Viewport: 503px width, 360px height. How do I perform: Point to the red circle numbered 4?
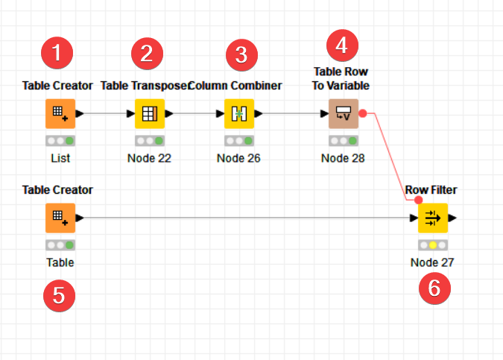pos(342,44)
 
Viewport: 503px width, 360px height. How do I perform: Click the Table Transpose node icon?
pos(149,114)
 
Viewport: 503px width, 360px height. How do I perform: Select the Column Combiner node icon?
pos(239,114)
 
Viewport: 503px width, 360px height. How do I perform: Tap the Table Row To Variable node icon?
pos(343,114)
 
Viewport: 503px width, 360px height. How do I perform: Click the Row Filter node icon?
pos(432,218)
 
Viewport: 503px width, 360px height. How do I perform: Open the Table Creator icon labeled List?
pos(60,114)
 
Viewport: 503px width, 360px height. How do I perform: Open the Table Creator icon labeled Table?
pos(60,218)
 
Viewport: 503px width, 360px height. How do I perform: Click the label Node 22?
pos(149,158)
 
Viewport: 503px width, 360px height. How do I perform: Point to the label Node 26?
pos(238,158)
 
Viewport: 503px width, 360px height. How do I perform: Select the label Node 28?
pos(343,158)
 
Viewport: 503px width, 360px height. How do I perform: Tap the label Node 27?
pos(432,262)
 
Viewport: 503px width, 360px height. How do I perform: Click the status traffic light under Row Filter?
pos(432,244)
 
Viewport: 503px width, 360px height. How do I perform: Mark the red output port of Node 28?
pos(362,114)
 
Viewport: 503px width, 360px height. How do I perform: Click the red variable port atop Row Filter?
pos(418,200)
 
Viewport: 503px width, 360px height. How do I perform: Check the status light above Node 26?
pos(238,140)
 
